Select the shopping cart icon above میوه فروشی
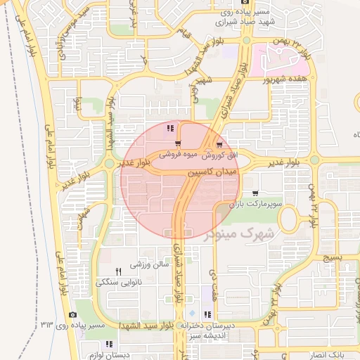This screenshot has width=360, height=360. click(x=187, y=143)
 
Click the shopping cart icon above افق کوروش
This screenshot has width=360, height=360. click(x=220, y=143)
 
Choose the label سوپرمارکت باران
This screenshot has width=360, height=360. click(x=259, y=203)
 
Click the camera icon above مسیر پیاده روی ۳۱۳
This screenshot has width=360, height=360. click(x=72, y=314)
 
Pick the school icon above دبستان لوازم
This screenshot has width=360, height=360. click(x=108, y=344)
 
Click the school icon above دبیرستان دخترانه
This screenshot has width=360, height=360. click(x=207, y=314)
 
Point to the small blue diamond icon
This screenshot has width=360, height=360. click(x=193, y=312)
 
